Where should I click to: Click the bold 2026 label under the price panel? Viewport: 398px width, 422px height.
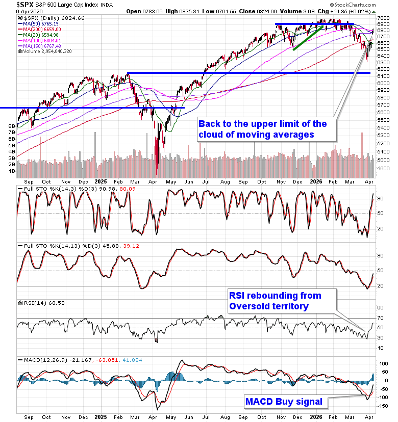317,181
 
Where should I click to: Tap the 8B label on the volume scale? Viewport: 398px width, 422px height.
10,125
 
